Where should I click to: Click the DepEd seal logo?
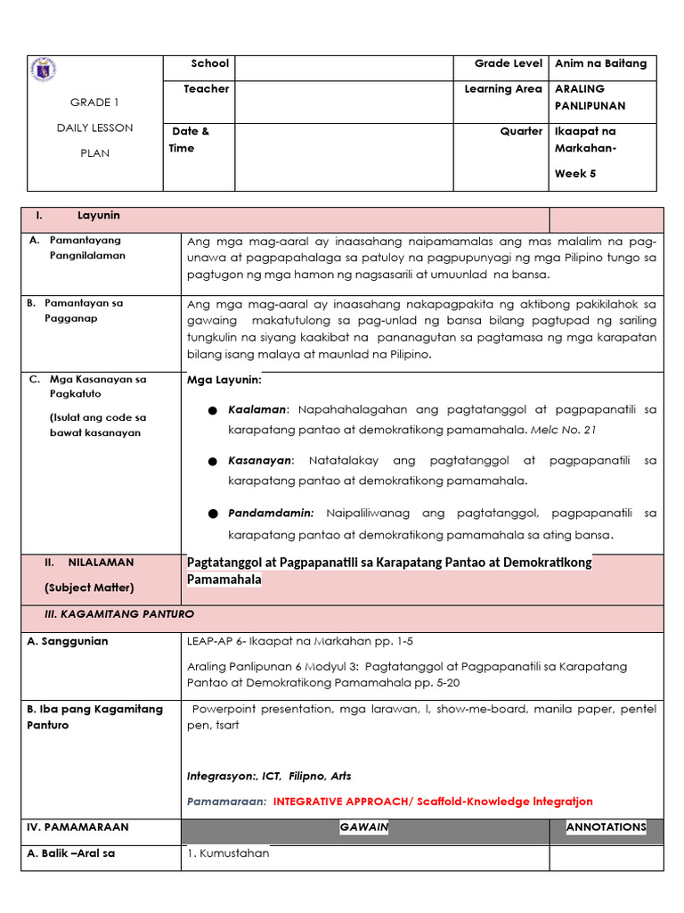[43, 70]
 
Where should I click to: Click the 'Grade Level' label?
[508, 64]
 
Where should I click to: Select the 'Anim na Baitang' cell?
[600, 64]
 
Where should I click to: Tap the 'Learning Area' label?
[502, 89]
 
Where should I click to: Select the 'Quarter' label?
[521, 131]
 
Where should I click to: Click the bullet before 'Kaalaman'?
[212, 411]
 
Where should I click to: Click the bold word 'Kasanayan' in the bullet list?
[259, 461]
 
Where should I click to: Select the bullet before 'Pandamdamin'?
[212, 514]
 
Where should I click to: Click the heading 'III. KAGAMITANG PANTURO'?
[118, 615]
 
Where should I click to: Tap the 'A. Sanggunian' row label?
[68, 641]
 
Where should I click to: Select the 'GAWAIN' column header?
[364, 827]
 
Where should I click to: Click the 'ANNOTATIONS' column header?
[606, 827]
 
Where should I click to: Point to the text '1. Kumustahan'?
[228, 853]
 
